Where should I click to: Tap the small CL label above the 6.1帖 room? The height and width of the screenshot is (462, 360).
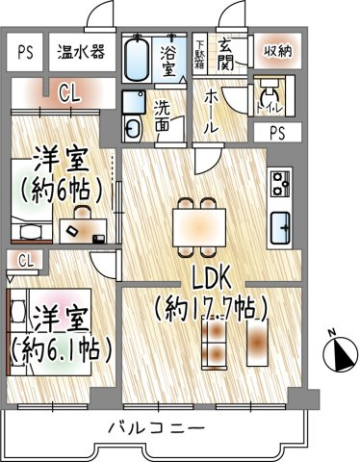tap(24, 260)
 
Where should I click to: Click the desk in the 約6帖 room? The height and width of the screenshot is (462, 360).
tap(85, 229)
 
